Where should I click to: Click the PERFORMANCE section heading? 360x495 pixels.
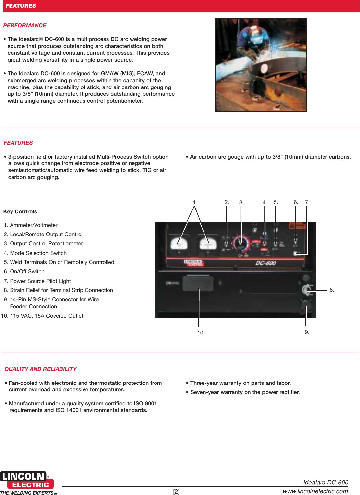pos(25,26)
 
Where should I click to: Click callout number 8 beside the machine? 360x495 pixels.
pos(332,290)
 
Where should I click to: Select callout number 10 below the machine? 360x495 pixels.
pos(201,333)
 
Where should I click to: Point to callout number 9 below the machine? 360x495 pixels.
pos(307,332)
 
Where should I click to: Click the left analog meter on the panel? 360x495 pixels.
pos(179,244)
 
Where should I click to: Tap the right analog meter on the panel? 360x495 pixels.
pos(208,244)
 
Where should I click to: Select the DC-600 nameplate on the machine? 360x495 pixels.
pos(266,263)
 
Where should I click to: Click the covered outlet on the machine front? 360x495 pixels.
pos(198,283)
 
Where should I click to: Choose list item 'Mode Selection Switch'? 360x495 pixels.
pos(38,253)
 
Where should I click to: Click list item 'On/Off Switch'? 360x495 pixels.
pos(27,272)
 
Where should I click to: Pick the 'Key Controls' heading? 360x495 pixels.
pos(20,212)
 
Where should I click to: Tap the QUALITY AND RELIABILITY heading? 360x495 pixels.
pos(40,369)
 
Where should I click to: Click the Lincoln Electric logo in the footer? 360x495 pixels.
pos(27,481)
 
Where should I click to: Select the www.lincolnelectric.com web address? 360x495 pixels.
pos(315,491)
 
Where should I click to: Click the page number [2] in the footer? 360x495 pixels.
pos(176,492)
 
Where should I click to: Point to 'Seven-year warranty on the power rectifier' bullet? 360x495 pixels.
pos(245,392)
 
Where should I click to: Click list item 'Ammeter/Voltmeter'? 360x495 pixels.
pos(34,225)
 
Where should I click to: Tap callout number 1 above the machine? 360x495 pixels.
pos(195,203)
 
